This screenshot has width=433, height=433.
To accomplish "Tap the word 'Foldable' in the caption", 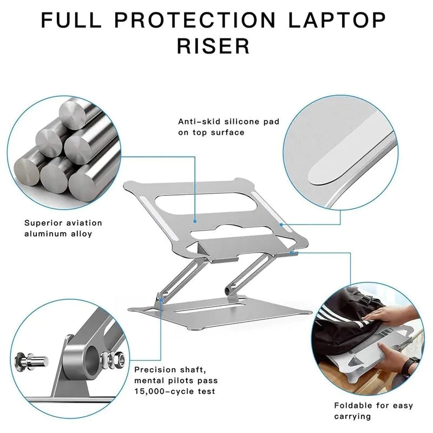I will coord(352,405).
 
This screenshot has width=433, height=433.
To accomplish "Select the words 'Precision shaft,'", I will coord(170,370).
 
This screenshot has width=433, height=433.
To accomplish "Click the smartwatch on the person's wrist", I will coord(414,363).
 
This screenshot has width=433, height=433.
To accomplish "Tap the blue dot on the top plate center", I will coord(195,221).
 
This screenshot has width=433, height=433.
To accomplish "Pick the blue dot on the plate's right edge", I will coord(281,224).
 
